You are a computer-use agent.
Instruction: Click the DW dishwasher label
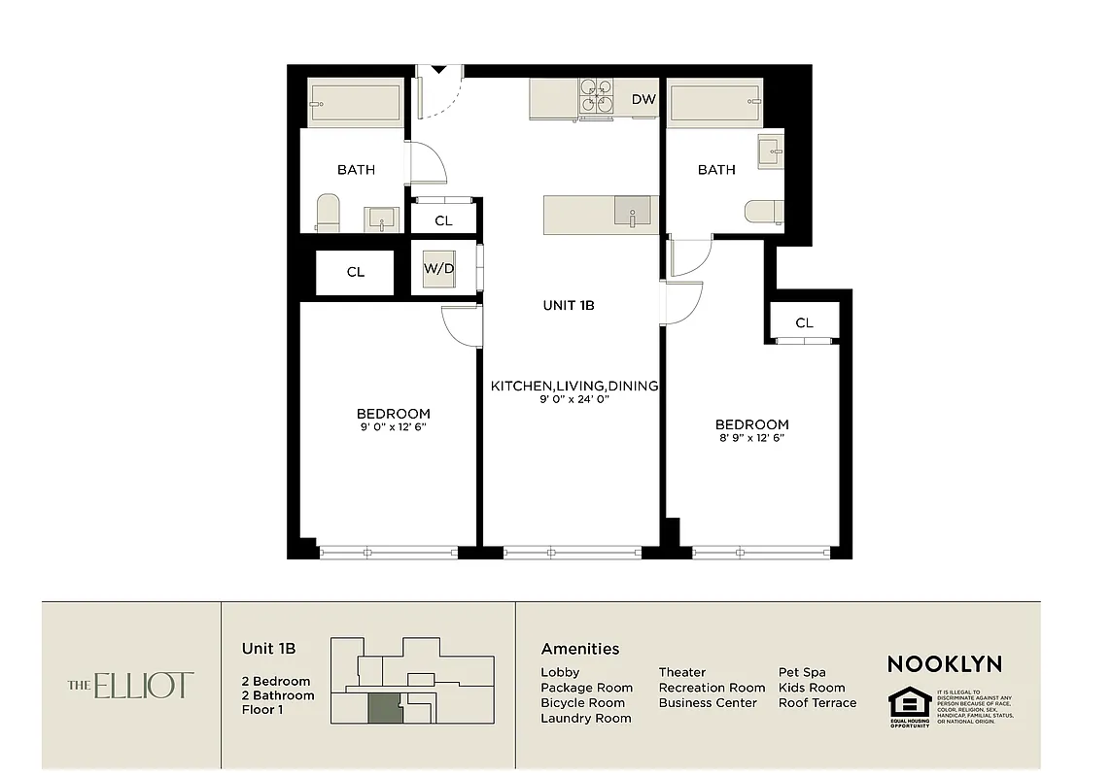(643, 99)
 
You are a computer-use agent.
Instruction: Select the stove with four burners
(596, 97)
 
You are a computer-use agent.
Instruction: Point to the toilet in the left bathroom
(328, 213)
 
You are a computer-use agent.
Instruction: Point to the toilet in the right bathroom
(764, 211)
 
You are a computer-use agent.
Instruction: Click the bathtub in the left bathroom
(356, 102)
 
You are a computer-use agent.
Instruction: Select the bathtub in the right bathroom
(715, 103)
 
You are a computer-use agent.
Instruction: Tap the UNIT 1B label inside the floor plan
(569, 305)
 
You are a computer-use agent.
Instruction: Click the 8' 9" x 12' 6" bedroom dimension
(751, 438)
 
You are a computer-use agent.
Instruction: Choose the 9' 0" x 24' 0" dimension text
(573, 399)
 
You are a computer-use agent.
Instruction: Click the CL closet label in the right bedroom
(804, 322)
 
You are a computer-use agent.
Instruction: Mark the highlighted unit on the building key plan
(383, 708)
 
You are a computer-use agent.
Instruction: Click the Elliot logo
(131, 686)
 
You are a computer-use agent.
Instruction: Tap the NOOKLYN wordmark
(944, 664)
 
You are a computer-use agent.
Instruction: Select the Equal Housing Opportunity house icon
(910, 703)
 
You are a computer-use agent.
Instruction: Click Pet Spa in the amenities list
(802, 672)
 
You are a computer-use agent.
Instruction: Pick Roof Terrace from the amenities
(817, 702)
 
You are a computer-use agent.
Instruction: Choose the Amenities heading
(579, 649)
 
